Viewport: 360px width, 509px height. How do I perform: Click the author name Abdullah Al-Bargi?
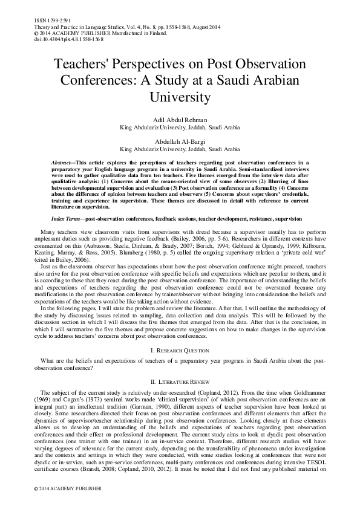click(x=180, y=141)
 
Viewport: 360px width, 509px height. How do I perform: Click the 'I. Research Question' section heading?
click(x=180, y=350)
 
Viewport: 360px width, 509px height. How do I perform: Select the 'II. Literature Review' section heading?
click(x=180, y=383)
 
